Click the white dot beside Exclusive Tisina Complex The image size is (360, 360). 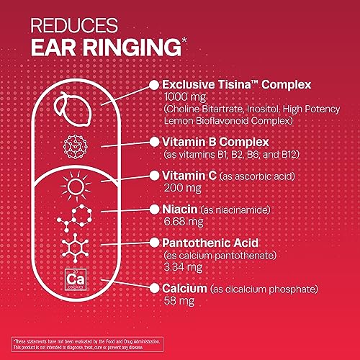click(x=153, y=85)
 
